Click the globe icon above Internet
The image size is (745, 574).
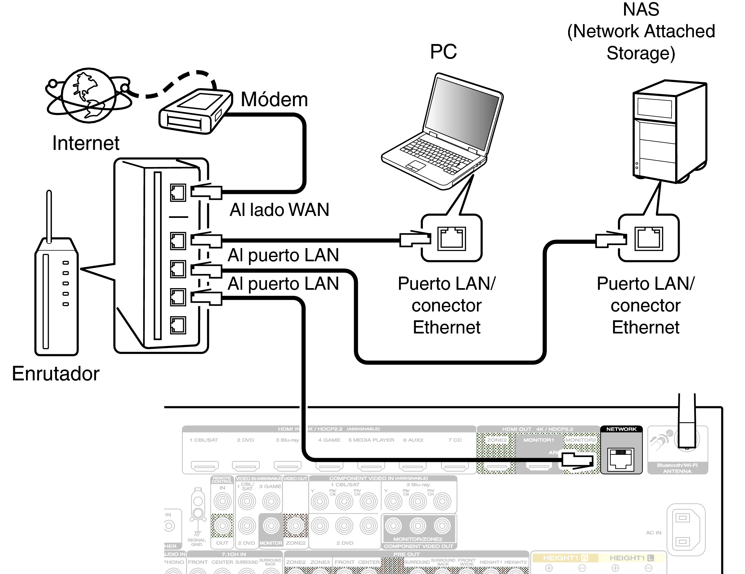click(x=89, y=95)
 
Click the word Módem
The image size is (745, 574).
click(x=274, y=99)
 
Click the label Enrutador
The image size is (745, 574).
click(x=56, y=374)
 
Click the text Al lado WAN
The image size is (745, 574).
click(x=279, y=210)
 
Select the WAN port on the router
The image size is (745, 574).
click(x=178, y=193)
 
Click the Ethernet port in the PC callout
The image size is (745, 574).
click(x=451, y=239)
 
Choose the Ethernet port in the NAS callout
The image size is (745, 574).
click(x=648, y=239)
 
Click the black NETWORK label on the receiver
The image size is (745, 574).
click(x=621, y=429)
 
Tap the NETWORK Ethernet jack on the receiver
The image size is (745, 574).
click(x=621, y=460)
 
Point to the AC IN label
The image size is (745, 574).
click(x=653, y=533)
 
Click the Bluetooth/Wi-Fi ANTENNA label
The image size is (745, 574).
click(x=677, y=468)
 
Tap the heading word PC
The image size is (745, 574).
click(x=443, y=52)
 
